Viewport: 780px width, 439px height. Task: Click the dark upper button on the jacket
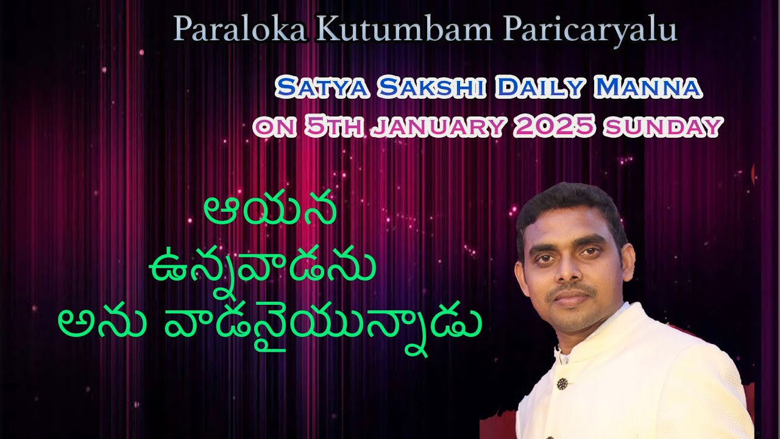(562, 384)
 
